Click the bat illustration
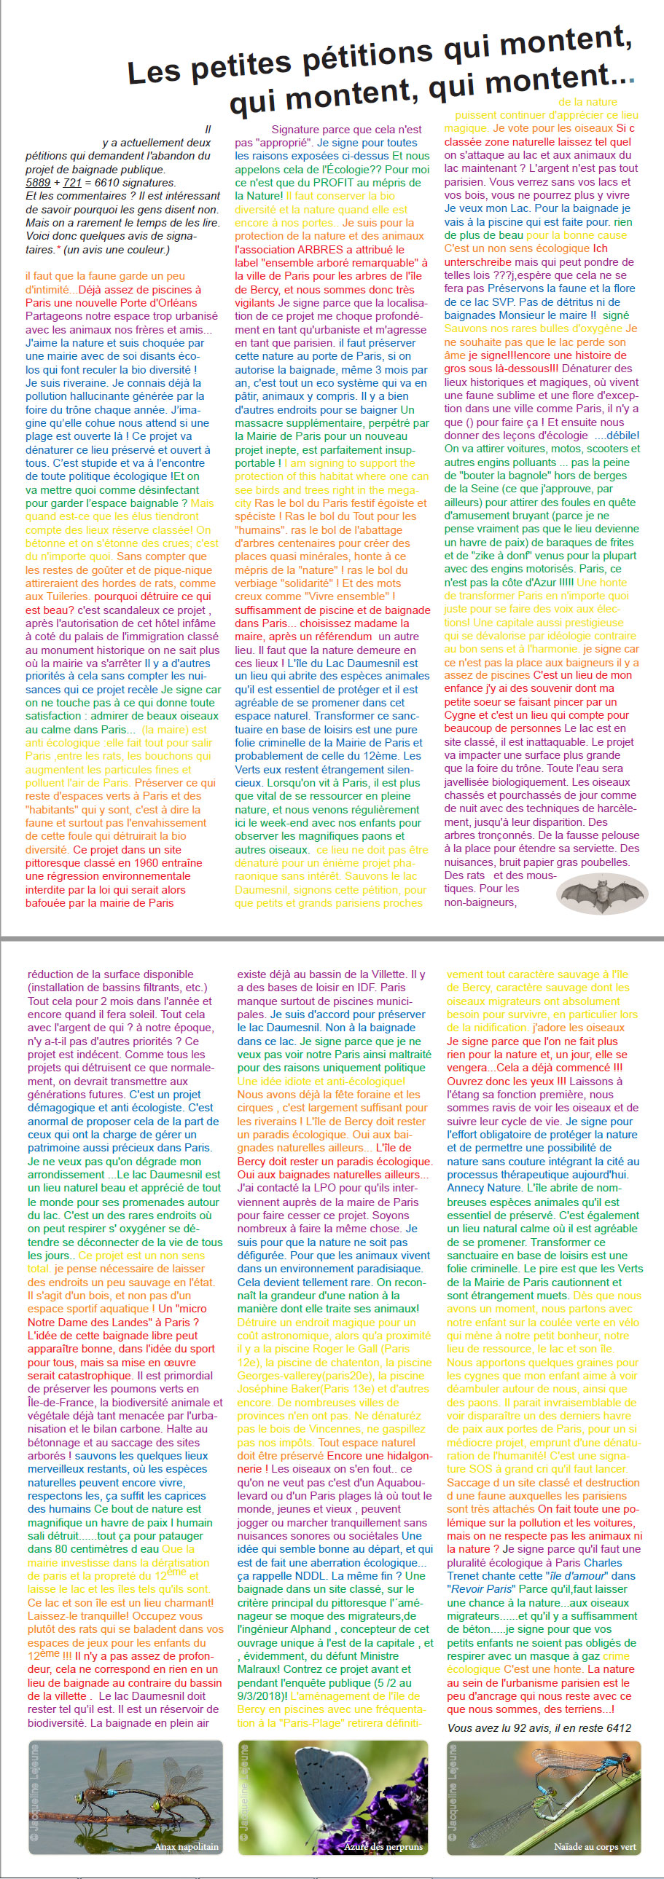click(x=602, y=894)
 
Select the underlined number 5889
click(x=38, y=182)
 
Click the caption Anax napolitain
click(x=186, y=1847)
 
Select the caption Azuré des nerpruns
click(x=383, y=1847)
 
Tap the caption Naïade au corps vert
click(x=595, y=1847)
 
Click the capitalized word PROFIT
click(x=334, y=182)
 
